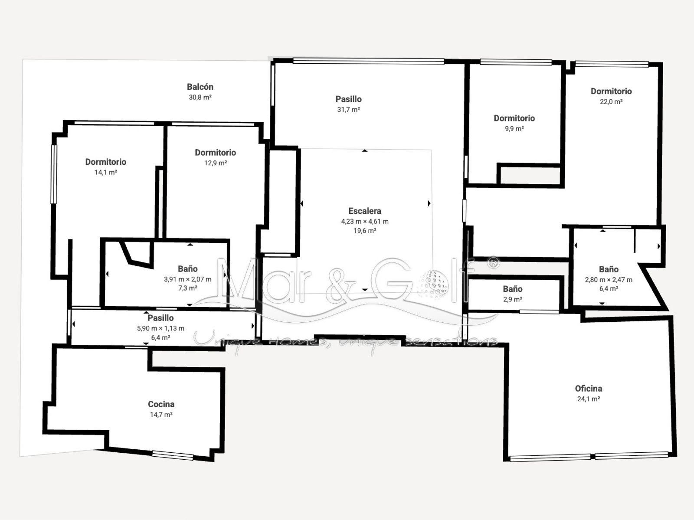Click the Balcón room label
click(x=200, y=87)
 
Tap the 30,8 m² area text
click(x=200, y=97)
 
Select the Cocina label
click(x=161, y=404)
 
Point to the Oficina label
click(x=589, y=389)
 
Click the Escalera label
click(x=364, y=211)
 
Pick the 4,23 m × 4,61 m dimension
click(x=365, y=221)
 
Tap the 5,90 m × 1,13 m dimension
click(x=160, y=328)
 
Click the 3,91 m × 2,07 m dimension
click(x=188, y=279)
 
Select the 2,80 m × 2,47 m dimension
click(x=609, y=280)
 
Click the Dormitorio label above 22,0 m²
click(x=611, y=91)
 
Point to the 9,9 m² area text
click(x=514, y=129)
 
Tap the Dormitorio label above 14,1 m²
click(x=106, y=162)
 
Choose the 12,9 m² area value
click(x=215, y=163)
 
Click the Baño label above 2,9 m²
click(x=513, y=289)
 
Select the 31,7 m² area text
click(x=349, y=110)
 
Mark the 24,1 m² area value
click(x=589, y=399)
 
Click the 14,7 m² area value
click(x=161, y=415)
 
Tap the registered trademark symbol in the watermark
click(x=494, y=263)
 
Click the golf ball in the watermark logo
click(x=434, y=284)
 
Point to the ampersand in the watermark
click(x=340, y=286)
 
